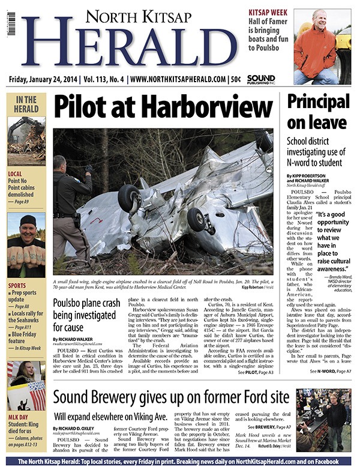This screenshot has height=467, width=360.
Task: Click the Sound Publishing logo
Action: click(261, 79)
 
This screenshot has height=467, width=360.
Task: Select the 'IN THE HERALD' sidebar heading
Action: click(26, 104)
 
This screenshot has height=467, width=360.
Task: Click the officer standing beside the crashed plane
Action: click(69, 201)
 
